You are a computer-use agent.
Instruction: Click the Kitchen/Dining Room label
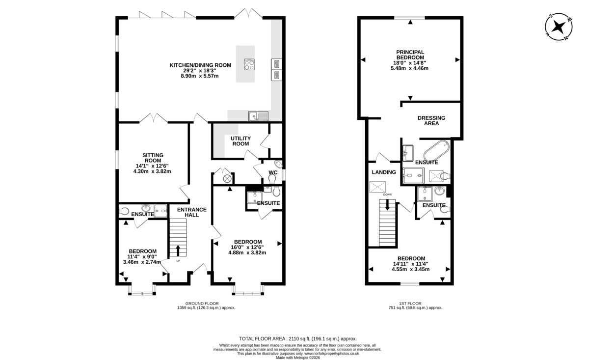(200, 65)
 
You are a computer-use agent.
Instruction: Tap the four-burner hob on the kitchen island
(249, 64)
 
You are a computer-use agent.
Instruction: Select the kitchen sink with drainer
(258, 116)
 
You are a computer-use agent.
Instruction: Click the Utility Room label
(241, 141)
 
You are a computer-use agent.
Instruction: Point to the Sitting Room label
(153, 158)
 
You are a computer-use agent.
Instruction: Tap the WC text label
(273, 172)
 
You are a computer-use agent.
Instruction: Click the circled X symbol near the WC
(227, 179)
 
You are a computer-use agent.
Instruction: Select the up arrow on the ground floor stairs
(178, 250)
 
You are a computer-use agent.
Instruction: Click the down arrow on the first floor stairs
(387, 205)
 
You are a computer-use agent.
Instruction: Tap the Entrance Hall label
(192, 212)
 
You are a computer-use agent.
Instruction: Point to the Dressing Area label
(431, 120)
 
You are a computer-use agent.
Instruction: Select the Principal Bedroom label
(410, 55)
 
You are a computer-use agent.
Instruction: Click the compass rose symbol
(559, 27)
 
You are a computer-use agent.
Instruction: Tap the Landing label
(384, 172)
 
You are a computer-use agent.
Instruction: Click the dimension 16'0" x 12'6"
(247, 248)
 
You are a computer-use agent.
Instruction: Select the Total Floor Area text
(297, 339)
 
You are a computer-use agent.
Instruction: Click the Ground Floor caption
(202, 304)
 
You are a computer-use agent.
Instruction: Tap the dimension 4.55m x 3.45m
(410, 269)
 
